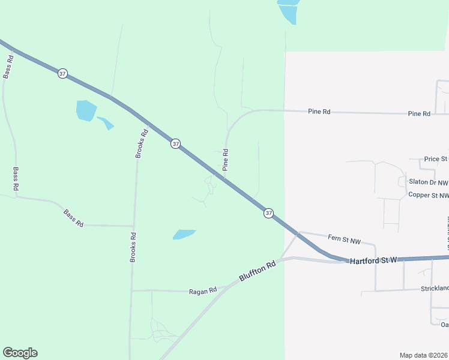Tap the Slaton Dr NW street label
428,182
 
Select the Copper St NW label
428,195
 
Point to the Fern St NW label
345,241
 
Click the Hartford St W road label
373,261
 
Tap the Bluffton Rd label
256,271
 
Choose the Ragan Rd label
202,291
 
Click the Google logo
20,353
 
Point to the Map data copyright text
423,355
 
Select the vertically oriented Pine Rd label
226,160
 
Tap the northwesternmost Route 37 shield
62,73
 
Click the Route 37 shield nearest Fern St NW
268,213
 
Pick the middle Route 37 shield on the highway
175,143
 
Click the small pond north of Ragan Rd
184,234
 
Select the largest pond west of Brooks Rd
86,110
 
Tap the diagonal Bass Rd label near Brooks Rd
73,217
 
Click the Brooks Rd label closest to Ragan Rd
134,247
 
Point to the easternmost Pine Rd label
419,113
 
